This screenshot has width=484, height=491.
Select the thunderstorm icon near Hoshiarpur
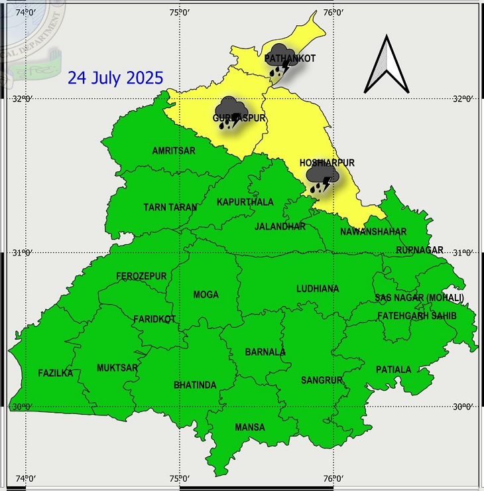324,178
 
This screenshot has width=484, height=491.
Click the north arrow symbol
387,64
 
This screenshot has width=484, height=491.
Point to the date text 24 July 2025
115,78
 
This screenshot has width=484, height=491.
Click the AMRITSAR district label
174,151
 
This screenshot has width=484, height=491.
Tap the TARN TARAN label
170,207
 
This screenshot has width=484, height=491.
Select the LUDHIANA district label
318,289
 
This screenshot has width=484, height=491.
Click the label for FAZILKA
55,373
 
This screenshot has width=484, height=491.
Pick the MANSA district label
249,427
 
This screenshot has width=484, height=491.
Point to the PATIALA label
393,369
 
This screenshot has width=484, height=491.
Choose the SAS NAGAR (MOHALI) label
419,297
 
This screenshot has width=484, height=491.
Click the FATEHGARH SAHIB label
417,316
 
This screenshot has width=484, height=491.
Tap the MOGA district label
206,295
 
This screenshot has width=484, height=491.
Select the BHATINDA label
195,385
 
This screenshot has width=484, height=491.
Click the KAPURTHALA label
245,202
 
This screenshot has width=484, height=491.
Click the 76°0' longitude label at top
333,13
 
